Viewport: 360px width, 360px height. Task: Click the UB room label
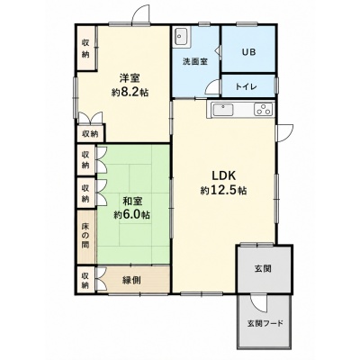248,52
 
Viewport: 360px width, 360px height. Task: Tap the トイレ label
246,86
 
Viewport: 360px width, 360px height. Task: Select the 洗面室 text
195,61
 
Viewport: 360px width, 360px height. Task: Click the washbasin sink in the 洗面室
181,37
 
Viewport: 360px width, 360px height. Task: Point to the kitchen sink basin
222,110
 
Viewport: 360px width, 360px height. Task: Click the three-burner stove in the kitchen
264,109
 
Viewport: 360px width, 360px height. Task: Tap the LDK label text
225,175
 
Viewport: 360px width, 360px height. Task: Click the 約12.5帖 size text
223,190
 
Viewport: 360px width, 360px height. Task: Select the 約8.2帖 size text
130,92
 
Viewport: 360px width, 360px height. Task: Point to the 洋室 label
130,78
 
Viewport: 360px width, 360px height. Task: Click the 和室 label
132,202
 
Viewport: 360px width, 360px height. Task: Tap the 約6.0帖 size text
132,215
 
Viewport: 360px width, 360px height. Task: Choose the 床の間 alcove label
85,236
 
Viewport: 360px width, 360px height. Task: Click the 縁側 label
131,281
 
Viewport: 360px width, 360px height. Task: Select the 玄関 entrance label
263,268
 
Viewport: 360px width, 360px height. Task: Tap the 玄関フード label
265,323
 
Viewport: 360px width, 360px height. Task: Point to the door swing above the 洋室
139,12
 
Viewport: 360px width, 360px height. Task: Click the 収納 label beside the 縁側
85,280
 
